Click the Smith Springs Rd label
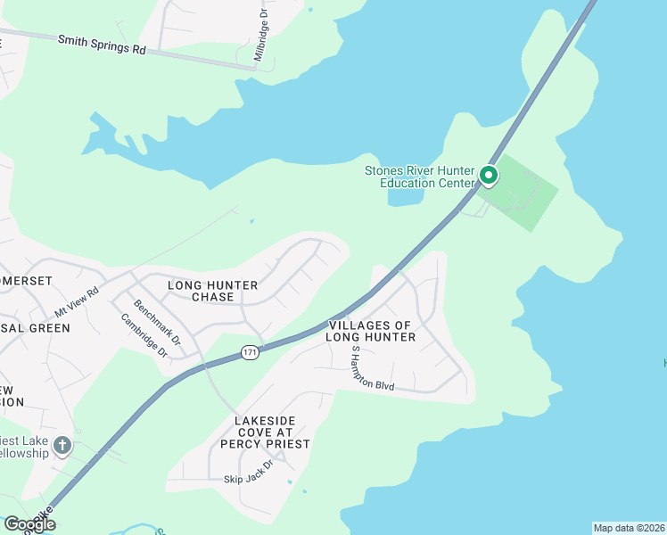pos(101,45)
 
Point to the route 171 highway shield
pos(251,354)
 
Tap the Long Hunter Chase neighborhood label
pos(213,291)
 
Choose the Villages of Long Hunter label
pos(370,331)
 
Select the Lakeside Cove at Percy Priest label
pos(272,432)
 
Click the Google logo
pos(29,524)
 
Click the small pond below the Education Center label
pos(406,196)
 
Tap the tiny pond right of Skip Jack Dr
pos(289,482)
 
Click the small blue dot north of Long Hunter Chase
pos(251,221)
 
